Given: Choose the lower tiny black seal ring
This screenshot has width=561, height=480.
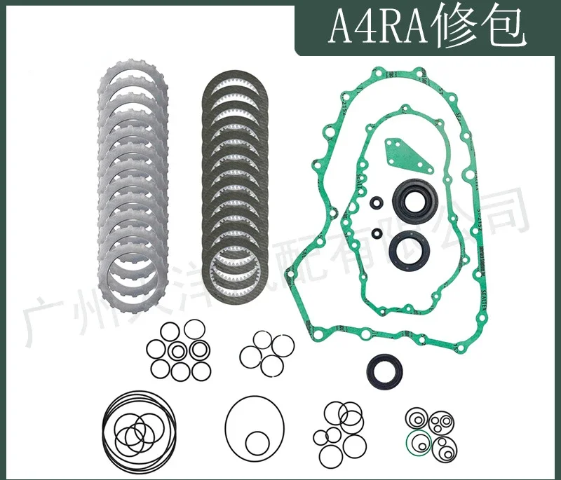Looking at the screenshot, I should (x=377, y=233).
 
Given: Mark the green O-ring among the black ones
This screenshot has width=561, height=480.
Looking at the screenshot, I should (x=419, y=443).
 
